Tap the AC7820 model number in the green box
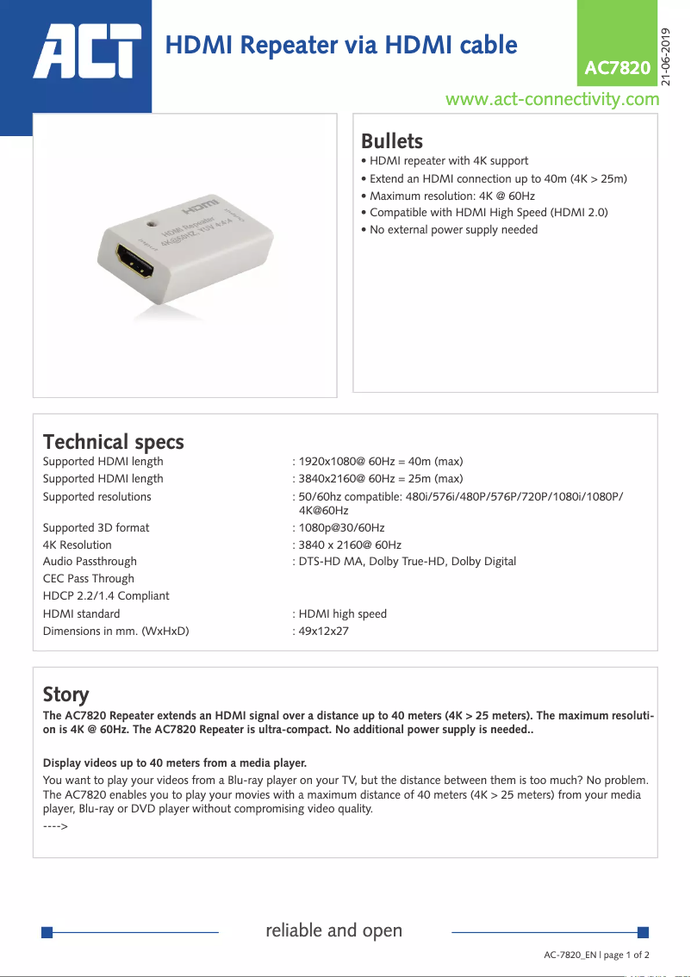coord(617,68)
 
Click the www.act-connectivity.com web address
coord(551,99)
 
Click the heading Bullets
coord(391,141)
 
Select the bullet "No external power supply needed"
coord(453,229)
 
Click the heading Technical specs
coord(113,442)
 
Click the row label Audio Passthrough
coord(90,562)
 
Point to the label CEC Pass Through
coord(89,579)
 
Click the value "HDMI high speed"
coord(342,613)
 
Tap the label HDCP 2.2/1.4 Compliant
coord(106,596)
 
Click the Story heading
coord(65,694)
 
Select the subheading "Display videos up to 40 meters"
coord(174,762)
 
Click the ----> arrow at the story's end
coord(55,826)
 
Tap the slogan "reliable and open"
coord(334,930)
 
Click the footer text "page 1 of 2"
coord(626,955)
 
